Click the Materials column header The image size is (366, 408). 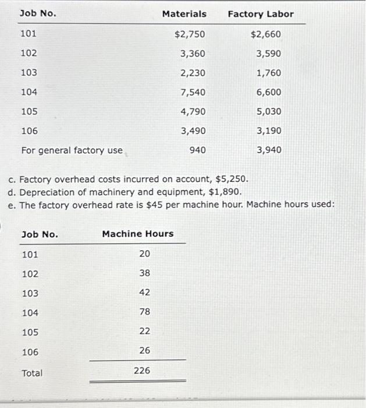184,13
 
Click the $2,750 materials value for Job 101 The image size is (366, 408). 190,34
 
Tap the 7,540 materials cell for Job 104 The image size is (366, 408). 193,92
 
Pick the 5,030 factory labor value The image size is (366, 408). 268,111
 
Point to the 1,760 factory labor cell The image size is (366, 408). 268,73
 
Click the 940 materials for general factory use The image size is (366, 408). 197,150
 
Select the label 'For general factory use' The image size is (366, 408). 72,150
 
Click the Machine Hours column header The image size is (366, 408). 138,234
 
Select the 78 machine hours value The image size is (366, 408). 145,312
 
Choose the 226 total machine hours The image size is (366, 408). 142,370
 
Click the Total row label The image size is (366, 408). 32,373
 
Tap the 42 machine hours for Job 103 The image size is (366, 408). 145,293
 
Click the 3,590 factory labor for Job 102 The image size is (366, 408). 268,54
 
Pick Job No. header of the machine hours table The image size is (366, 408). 40,234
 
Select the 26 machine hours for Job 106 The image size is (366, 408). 145,350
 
